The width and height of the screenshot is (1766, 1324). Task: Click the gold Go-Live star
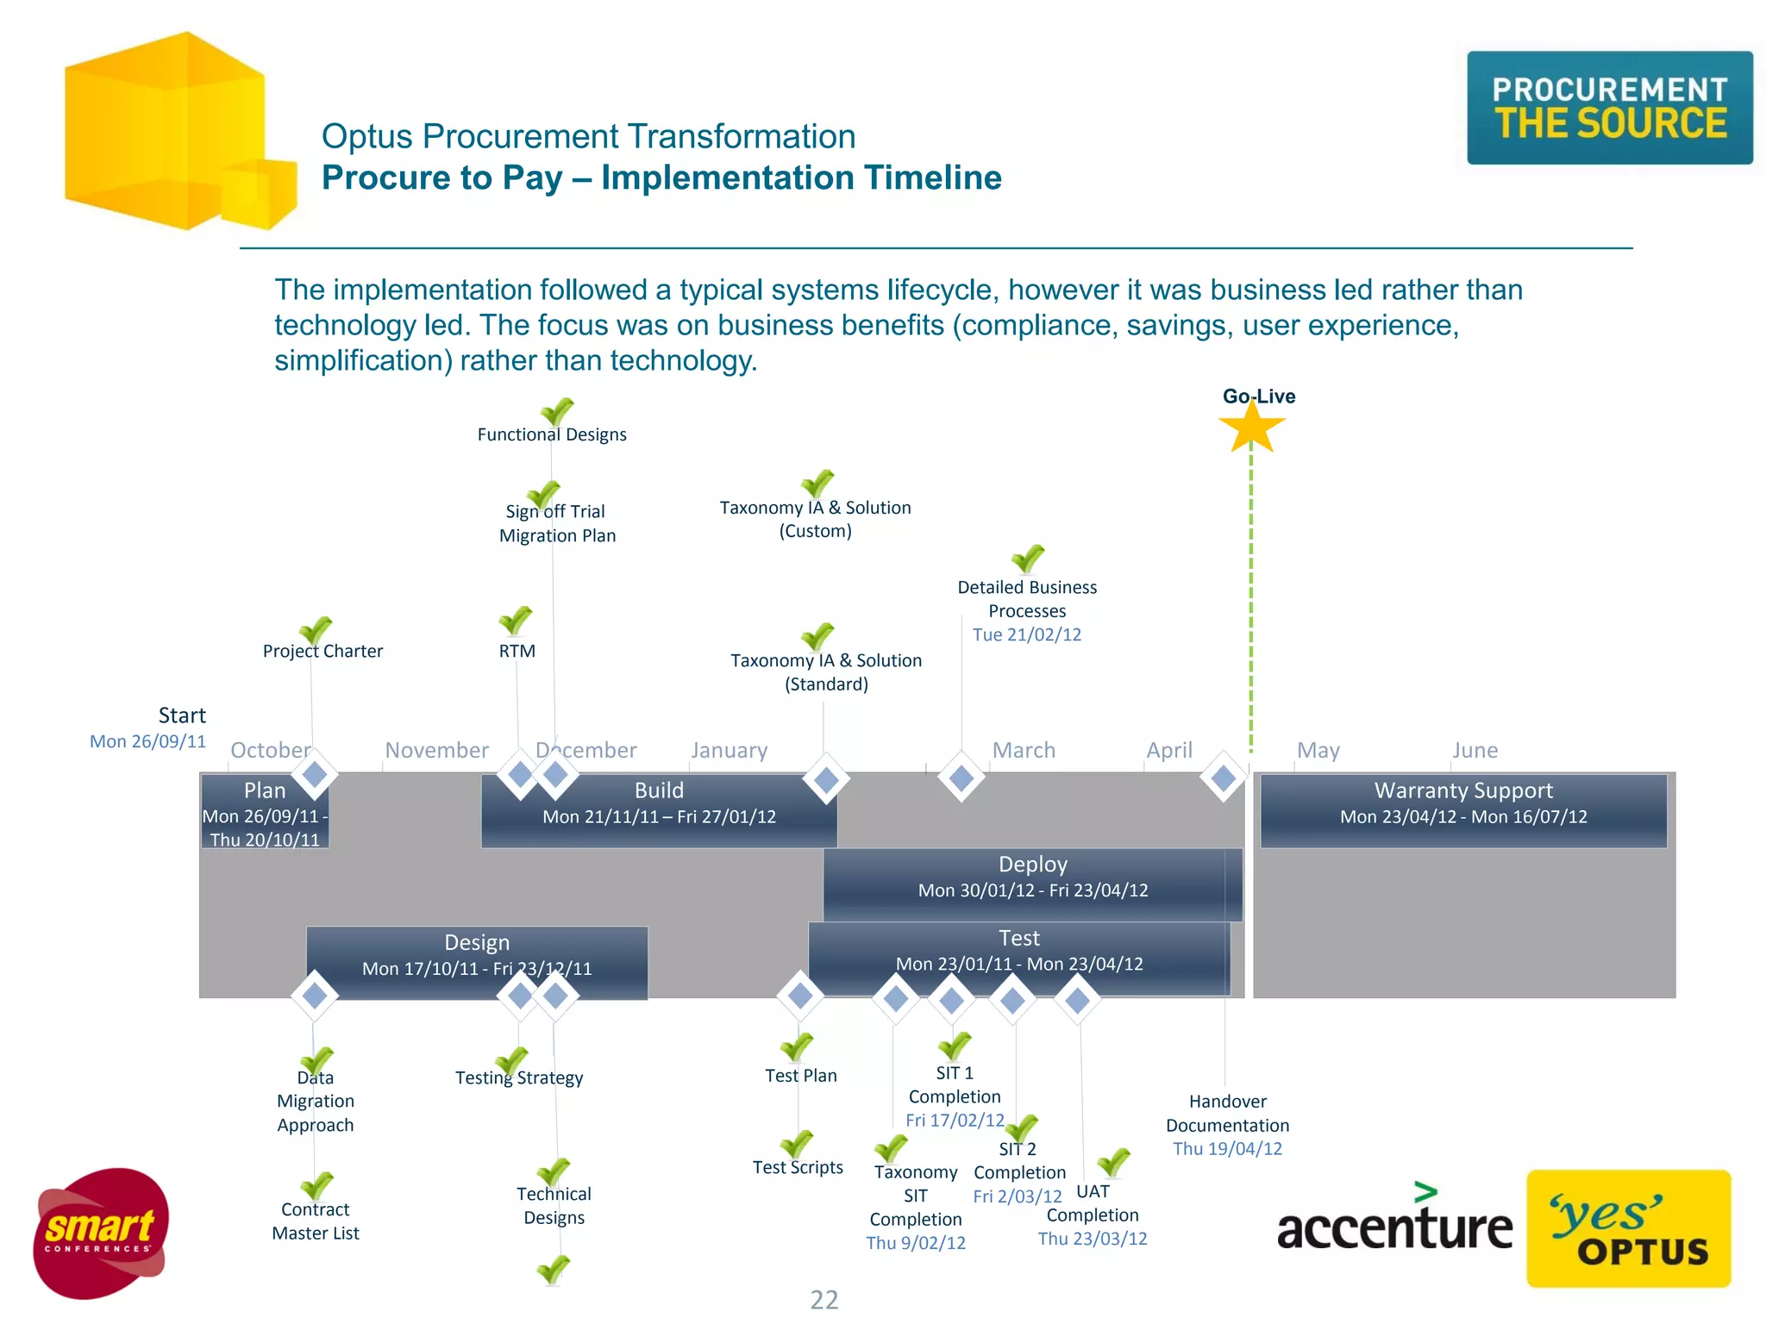pos(1251,428)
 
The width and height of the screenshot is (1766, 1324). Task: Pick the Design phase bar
pos(476,956)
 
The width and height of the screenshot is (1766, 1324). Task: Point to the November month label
pos(436,750)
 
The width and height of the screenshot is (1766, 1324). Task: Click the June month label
pos(1475,750)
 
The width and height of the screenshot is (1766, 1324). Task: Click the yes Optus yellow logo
pos(1628,1228)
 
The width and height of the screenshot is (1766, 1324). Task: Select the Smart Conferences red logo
pos(100,1233)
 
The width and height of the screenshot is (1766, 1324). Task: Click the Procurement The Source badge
pos(1610,108)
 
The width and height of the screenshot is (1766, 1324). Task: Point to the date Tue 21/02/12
pos(1026,634)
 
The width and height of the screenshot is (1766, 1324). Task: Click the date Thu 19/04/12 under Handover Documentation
pos(1227,1148)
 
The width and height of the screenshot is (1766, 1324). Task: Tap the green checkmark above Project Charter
pos(316,630)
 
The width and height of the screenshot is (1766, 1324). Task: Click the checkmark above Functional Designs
pos(557,411)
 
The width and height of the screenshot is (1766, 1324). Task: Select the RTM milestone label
pos(517,651)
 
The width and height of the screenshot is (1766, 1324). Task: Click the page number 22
pos(824,1299)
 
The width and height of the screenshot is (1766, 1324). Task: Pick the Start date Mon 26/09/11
pos(147,741)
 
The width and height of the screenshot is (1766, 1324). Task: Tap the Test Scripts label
pos(798,1167)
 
